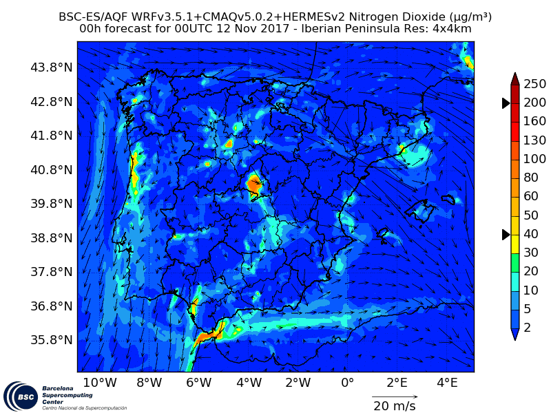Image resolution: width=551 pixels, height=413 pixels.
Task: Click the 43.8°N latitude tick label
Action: tap(52, 67)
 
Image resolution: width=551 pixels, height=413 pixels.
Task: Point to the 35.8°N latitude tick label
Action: tap(52, 339)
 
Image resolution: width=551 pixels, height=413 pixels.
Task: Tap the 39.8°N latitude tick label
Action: tap(52, 204)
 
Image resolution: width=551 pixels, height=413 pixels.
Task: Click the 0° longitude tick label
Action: tap(347, 383)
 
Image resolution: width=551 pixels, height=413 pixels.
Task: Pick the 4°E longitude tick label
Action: tap(447, 383)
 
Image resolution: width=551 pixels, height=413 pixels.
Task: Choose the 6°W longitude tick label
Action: tap(198, 383)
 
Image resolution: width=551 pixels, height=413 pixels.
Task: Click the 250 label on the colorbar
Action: tap(534, 84)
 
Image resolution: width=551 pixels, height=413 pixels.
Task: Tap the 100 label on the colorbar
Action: tap(534, 159)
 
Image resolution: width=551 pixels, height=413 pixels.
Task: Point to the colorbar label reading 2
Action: tap(528, 328)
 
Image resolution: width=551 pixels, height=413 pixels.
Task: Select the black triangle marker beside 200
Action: tap(506, 103)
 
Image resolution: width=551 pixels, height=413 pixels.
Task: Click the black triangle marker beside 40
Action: tap(506, 235)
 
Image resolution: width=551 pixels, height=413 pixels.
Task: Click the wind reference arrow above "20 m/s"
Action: tap(395, 396)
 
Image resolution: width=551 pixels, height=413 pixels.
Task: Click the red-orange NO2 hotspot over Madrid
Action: tap(254, 184)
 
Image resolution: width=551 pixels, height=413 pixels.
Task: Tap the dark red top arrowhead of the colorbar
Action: tap(514, 78)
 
